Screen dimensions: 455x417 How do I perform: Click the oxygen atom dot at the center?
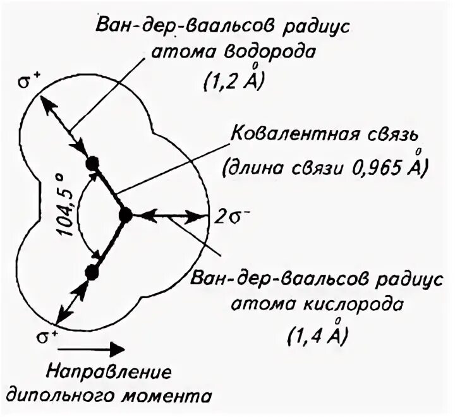(x=125, y=215)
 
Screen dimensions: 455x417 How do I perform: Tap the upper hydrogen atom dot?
(x=94, y=162)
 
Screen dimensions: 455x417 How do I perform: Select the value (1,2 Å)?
(x=234, y=82)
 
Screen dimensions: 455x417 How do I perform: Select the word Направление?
(x=106, y=372)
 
